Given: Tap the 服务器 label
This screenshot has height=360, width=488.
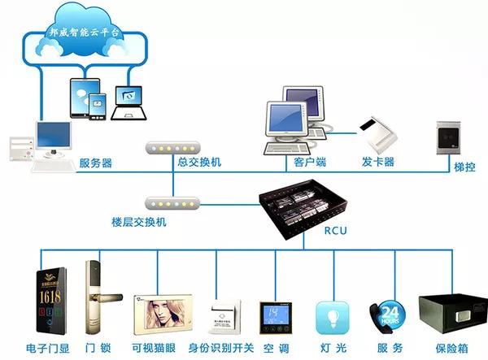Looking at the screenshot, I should (96, 163).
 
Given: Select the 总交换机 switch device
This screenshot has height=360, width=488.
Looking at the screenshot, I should (172, 148).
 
